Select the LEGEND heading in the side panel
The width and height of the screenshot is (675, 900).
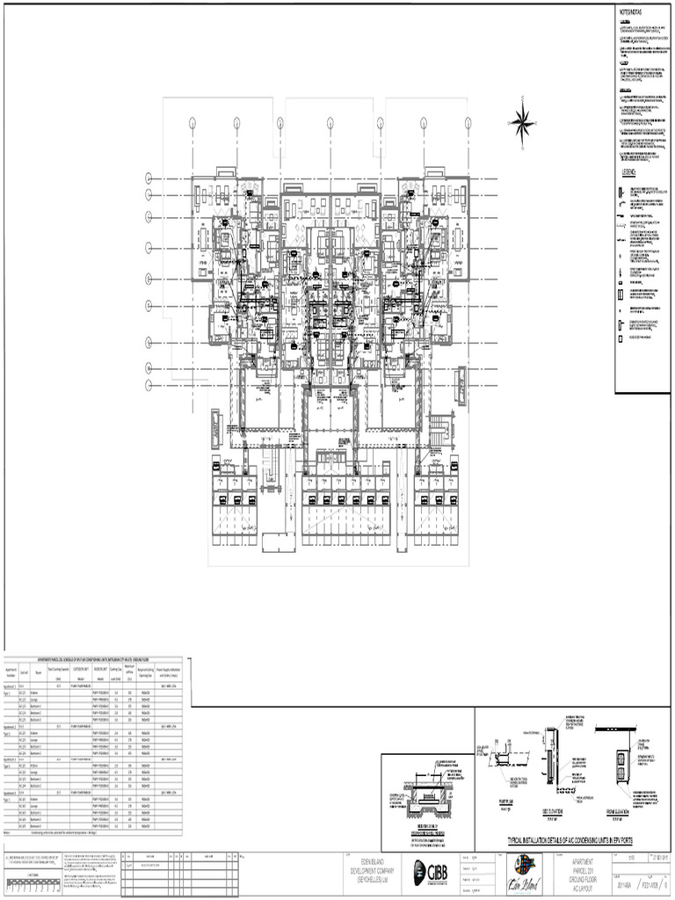click(x=629, y=172)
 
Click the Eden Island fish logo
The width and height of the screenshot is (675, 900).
click(x=524, y=868)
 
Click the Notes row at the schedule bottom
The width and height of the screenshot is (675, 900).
click(x=53, y=831)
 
